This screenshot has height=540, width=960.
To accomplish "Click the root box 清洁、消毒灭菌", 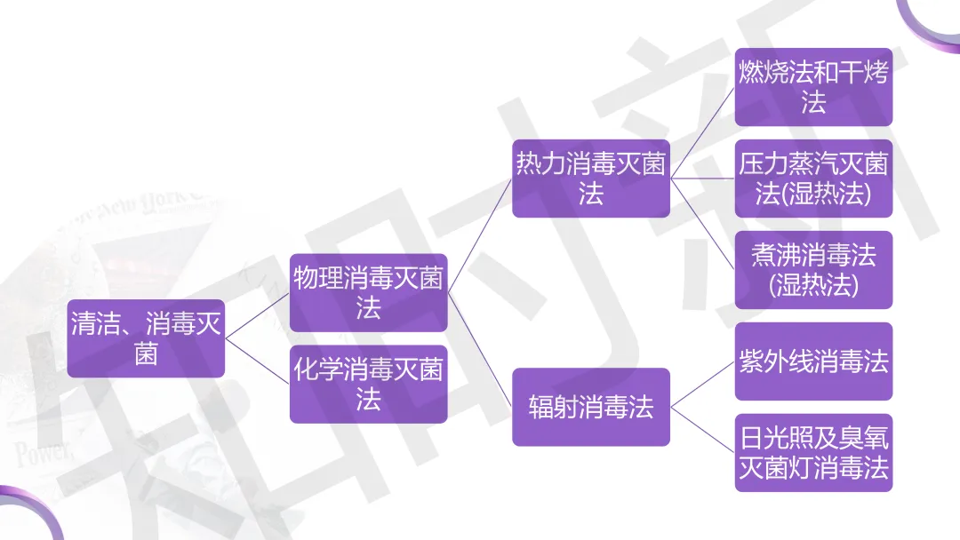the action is pyautogui.click(x=146, y=338).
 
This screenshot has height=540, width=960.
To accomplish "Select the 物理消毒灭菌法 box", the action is pyautogui.click(x=368, y=293).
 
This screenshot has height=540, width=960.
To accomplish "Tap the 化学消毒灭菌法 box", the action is pyautogui.click(x=368, y=384).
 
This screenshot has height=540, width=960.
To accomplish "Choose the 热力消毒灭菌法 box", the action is pyautogui.click(x=591, y=178).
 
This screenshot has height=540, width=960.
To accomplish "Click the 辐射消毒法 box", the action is pyautogui.click(x=591, y=407).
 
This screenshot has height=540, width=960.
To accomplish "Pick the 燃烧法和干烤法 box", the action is pyautogui.click(x=813, y=86).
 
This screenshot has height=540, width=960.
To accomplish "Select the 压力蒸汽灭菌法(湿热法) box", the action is pyautogui.click(x=813, y=178).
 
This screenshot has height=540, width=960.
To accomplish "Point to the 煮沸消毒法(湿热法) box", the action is pyautogui.click(x=813, y=270).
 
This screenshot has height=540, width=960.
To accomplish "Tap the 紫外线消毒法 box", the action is pyautogui.click(x=813, y=361).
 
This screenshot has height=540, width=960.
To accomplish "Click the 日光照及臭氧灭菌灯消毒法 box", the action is pyautogui.click(x=813, y=452).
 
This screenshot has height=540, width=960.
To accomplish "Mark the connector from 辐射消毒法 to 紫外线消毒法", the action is pyautogui.click(x=702, y=385).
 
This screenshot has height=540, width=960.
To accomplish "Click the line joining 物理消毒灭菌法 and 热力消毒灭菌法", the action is pyautogui.click(x=480, y=235).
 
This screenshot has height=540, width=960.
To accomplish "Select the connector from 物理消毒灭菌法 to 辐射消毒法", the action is pyautogui.click(x=480, y=350).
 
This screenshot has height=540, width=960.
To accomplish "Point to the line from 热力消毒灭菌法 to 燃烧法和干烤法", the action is pyautogui.click(x=702, y=132).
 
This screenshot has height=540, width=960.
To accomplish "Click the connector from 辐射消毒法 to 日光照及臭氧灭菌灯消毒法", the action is pyautogui.click(x=702, y=430).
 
